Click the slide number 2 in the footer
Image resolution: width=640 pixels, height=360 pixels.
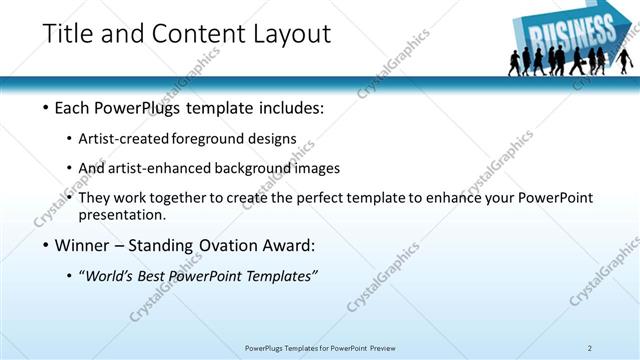(x=590, y=348)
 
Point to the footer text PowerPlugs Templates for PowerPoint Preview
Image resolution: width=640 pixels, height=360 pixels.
(x=319, y=348)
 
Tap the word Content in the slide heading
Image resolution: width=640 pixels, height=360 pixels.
(x=198, y=33)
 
